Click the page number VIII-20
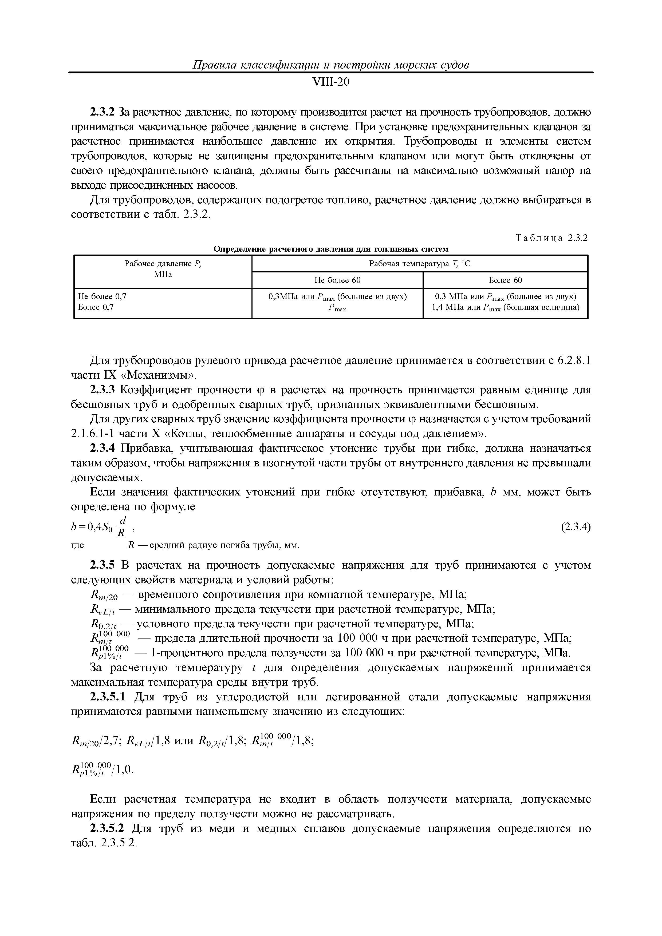[x=330, y=82]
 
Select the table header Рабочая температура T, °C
[x=419, y=264]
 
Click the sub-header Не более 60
[x=337, y=280]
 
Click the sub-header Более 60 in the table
[x=505, y=280]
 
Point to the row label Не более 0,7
[x=102, y=297]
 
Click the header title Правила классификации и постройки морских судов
[x=330, y=65]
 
